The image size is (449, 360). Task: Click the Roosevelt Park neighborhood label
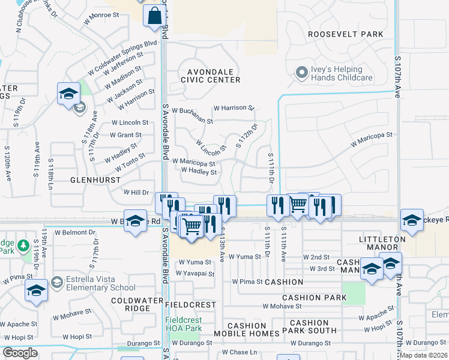(345, 34)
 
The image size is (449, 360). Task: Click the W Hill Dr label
(136, 192)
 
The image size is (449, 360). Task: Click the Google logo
(20, 353)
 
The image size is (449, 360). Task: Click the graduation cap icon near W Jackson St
(68, 94)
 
